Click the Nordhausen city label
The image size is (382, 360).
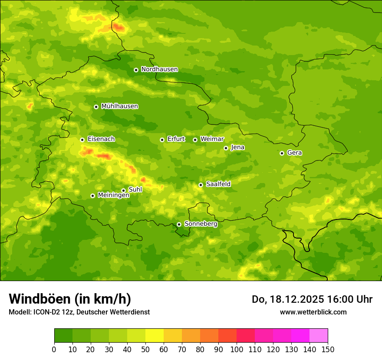tap(159, 69)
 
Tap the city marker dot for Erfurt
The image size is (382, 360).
tap(162, 140)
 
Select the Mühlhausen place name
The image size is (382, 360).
tap(119, 106)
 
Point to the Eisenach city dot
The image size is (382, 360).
tap(82, 140)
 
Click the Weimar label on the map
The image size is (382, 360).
tap(212, 139)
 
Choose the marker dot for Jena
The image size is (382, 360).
tap(226, 148)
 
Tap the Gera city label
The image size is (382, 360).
tap(294, 153)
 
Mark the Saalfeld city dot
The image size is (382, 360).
tap(201, 185)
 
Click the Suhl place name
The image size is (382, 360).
tap(135, 190)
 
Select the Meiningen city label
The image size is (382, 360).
tap(113, 195)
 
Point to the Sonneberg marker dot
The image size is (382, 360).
tap(179, 224)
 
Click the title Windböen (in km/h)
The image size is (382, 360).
tap(70, 299)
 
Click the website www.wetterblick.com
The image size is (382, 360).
tap(313, 312)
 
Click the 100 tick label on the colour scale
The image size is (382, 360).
tap(236, 349)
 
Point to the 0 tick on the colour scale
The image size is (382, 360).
tap(54, 349)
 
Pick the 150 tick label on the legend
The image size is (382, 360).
tap(327, 349)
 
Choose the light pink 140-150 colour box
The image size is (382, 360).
tap(319, 336)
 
